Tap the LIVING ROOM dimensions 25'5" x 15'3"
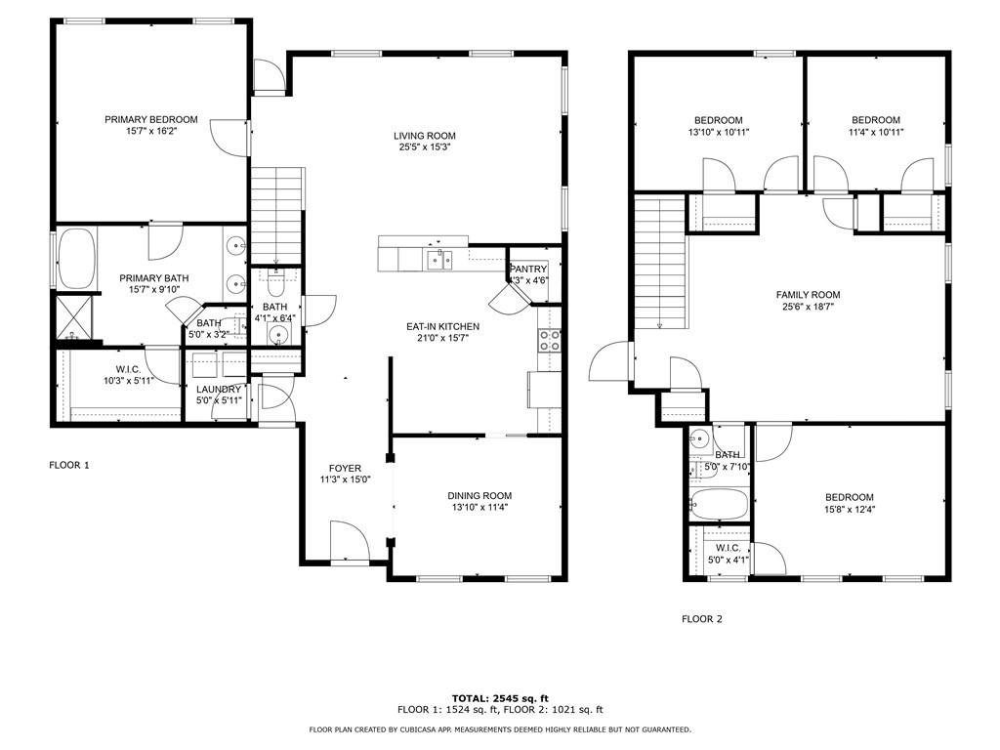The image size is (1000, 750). point(424,147)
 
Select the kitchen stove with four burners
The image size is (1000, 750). point(550,340)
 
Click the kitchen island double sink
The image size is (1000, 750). point(438,259)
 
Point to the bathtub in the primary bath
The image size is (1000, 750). point(77,260)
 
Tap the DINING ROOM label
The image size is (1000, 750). point(479,495)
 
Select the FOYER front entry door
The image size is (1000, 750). point(349,542)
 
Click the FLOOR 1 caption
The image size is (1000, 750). point(69,466)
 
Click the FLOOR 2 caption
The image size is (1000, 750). point(701,618)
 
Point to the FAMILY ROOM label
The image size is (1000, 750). point(808,295)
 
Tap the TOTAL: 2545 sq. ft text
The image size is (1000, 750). point(499,698)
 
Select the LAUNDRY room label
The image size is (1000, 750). point(218,389)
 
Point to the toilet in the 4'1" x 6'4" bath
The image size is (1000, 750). point(276,284)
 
